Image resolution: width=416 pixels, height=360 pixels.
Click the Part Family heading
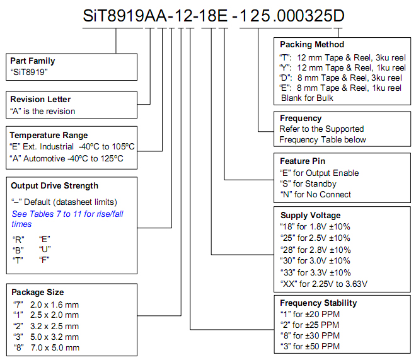33,61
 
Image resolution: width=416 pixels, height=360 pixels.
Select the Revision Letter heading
40,99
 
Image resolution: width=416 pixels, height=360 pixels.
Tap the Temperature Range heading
49,136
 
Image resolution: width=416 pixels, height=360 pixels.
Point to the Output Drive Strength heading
55,186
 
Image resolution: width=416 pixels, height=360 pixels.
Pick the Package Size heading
38,293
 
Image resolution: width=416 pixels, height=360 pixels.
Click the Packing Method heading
312,44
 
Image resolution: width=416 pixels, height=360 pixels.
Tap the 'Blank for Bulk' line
307,98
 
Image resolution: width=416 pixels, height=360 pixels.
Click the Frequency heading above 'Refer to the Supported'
301,119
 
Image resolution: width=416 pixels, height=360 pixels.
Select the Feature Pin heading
303,161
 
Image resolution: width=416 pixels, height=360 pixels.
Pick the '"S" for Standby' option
308,184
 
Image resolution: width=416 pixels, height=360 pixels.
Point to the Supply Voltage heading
311,216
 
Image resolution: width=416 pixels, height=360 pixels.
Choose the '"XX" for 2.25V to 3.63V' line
324,284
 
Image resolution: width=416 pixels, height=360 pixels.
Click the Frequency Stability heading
319,303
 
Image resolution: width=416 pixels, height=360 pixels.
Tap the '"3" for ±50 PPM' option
310,347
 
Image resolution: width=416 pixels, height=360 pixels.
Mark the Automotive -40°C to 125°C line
67,159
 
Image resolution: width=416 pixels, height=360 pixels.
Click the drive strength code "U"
45,250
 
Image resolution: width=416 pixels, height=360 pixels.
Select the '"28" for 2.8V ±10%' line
316,250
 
